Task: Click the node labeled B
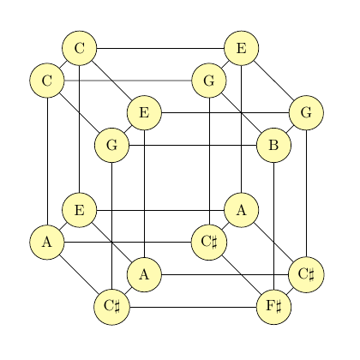click(273, 146)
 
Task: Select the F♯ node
click(273, 308)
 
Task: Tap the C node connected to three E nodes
click(80, 48)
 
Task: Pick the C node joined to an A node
click(47, 81)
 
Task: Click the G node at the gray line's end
click(209, 81)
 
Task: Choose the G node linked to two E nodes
click(306, 113)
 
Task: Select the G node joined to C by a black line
click(112, 146)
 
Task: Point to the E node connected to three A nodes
click(80, 210)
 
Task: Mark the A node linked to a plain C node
click(47, 243)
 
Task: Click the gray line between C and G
click(128, 81)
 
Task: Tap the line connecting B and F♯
click(273, 226)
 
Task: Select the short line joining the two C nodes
click(63, 64)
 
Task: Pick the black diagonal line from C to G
click(80, 113)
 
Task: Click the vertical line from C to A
click(47, 161)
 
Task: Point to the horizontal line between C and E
click(160, 48)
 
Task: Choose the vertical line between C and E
click(80, 129)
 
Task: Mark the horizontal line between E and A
click(160, 210)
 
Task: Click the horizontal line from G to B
click(193, 146)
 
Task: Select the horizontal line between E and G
click(225, 113)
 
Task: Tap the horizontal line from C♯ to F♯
click(193, 308)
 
